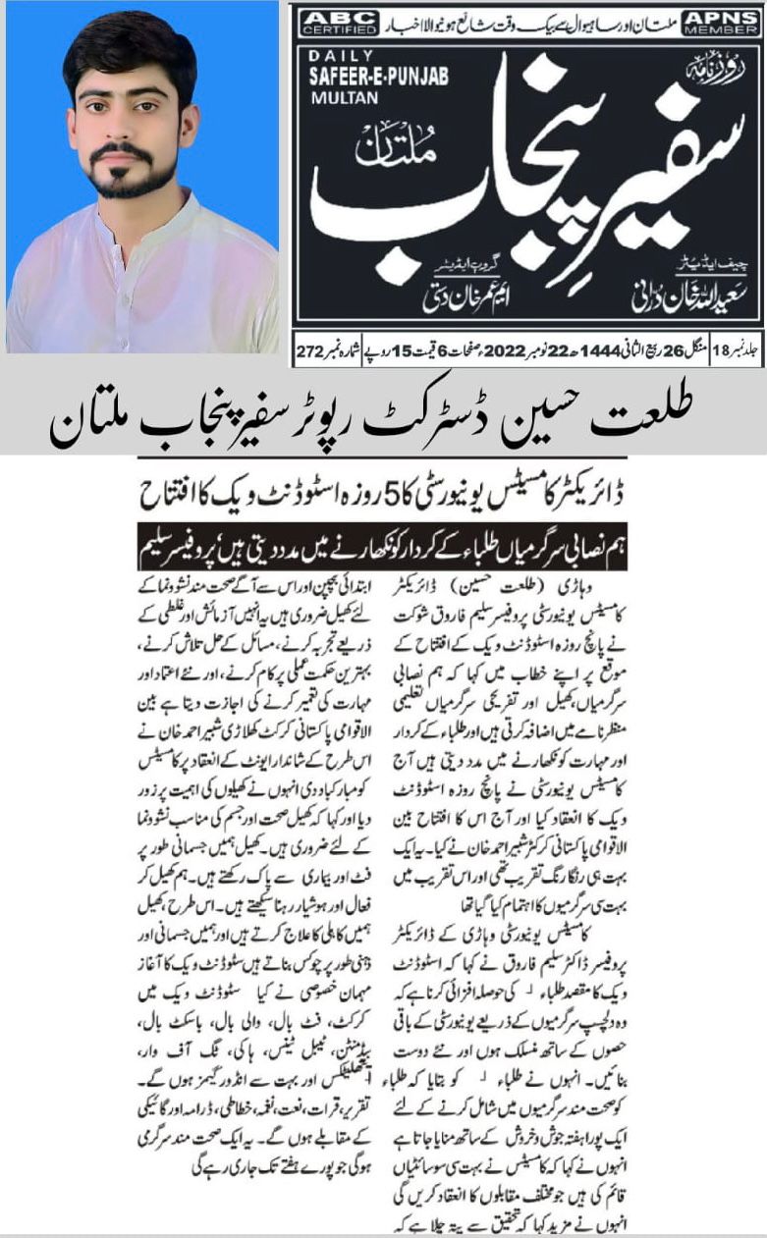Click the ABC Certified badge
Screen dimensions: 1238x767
pos(333,22)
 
